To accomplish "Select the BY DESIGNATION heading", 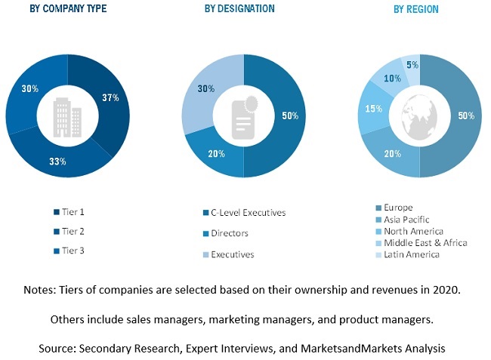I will [x=239, y=9].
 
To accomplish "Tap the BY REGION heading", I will [x=415, y=10].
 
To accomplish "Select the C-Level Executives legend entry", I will [x=245, y=213].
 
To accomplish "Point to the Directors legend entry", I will [x=228, y=234].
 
